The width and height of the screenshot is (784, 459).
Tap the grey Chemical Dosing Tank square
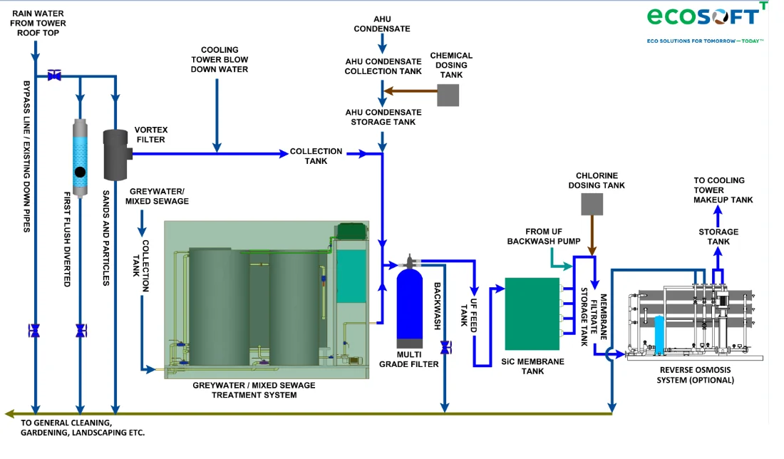tap(448, 95)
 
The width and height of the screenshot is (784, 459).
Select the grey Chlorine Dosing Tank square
tap(592, 205)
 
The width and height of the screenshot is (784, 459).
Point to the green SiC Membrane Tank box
tap(532, 314)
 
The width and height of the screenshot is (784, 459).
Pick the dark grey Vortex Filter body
tap(116, 155)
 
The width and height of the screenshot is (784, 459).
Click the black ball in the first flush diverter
tap(80, 172)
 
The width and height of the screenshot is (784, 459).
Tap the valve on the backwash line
tap(445, 348)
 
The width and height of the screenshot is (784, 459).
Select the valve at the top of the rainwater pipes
tap(54, 75)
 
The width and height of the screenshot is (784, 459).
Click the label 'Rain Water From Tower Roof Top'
tap(38, 23)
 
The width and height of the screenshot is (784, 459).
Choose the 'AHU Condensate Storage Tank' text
tap(383, 117)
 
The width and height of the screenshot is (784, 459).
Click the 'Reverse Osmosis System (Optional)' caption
tap(696, 375)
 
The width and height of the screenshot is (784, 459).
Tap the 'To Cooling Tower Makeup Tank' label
tap(723, 190)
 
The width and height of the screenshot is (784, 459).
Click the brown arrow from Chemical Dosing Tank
tap(410, 91)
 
